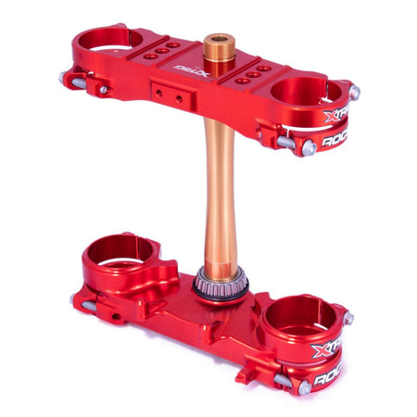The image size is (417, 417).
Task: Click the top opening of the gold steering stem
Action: [x=219, y=42]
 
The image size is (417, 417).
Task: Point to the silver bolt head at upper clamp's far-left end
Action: [x=66, y=80]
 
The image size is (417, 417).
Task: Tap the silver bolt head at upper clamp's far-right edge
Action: [x=354, y=93]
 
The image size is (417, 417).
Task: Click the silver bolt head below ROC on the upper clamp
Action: [x=308, y=147]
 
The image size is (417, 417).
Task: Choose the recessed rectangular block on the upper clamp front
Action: [x=168, y=94]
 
